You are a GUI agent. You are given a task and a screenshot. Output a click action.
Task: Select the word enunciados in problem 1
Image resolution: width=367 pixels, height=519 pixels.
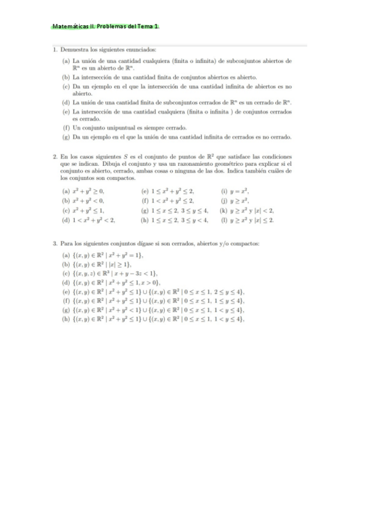(142, 50)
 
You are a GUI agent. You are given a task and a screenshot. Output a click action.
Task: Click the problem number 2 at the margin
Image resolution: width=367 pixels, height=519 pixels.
(55, 157)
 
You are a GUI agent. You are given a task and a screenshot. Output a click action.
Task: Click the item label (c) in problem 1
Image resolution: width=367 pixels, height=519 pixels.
(66, 86)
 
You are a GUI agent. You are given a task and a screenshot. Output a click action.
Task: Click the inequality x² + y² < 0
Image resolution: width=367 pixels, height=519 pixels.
(89, 200)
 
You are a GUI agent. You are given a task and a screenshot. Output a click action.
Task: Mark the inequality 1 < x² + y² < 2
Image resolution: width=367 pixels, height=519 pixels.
(94, 218)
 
